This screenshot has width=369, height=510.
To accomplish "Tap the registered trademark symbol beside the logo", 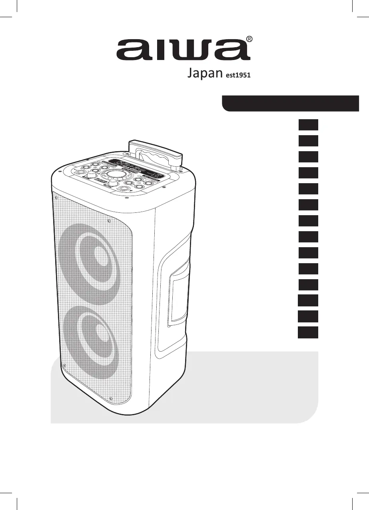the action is (x=249, y=39).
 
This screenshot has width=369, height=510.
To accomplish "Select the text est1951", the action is (x=237, y=76).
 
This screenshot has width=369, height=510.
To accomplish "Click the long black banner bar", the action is (x=291, y=103).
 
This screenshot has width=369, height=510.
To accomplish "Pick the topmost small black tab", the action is (x=308, y=125).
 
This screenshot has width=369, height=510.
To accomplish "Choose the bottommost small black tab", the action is (x=308, y=333).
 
